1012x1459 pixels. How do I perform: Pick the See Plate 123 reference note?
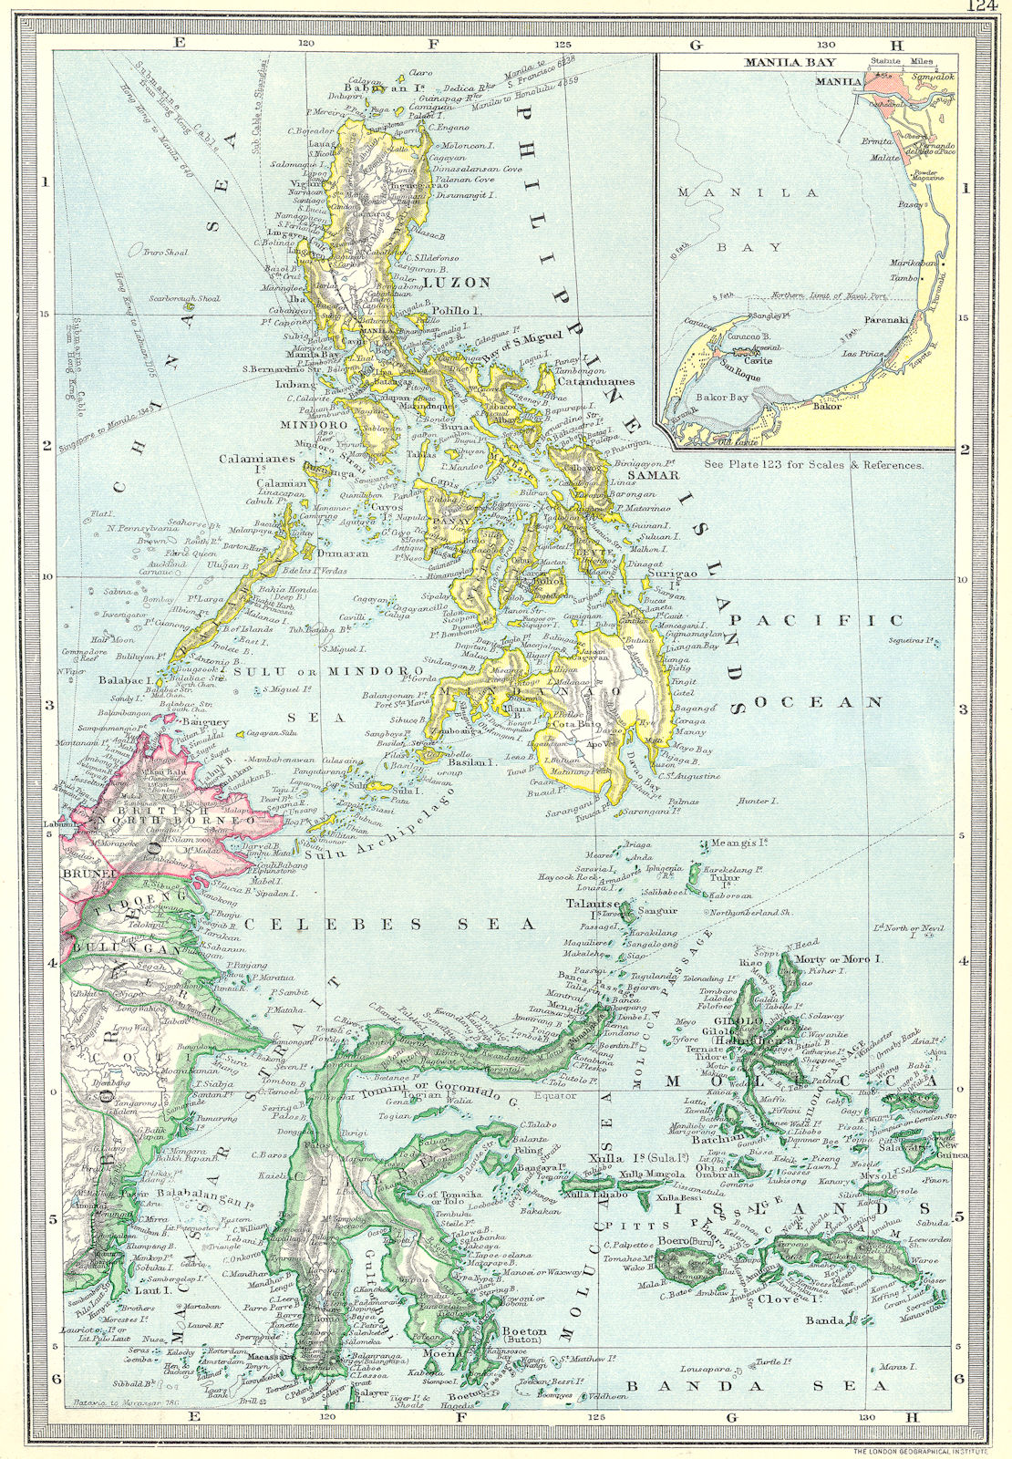(814, 464)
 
